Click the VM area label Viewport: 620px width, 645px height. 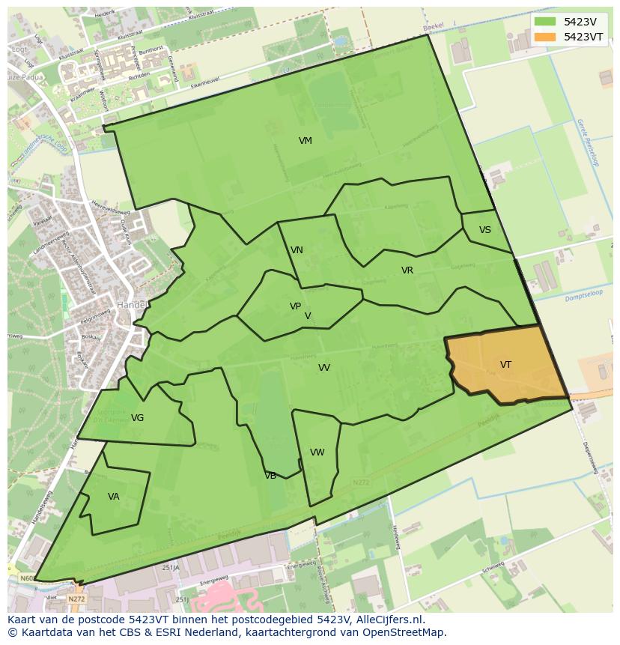305,141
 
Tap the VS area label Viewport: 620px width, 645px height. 485,230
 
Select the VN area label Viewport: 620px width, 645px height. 297,250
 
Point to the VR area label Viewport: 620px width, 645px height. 407,270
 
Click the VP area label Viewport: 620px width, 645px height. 295,306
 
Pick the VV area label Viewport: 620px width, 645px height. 323,368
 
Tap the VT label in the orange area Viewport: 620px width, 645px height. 505,365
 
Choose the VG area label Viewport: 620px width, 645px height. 137,418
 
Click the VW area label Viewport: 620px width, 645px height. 317,452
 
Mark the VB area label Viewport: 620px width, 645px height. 270,476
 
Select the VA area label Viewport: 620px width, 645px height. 113,496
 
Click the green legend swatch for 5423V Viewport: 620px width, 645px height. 545,22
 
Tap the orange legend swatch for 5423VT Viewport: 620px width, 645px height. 545,36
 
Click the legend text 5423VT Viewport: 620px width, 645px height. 583,36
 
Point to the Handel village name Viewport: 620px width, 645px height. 132,305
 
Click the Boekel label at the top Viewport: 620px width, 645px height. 434,26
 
